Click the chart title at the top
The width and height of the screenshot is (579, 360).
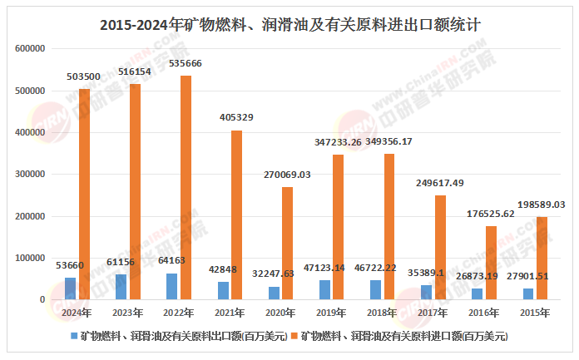289,24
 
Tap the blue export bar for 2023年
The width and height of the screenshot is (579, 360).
121,286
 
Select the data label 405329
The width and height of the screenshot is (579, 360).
235,118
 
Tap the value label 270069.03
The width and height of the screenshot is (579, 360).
287,175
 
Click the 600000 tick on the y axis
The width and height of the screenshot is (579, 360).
30,49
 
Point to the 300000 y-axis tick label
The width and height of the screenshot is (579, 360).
30,175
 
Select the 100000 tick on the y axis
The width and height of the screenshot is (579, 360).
30,258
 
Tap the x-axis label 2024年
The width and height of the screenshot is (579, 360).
77,313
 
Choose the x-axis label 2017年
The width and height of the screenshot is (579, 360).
433,313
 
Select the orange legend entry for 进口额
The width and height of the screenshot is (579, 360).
400,336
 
